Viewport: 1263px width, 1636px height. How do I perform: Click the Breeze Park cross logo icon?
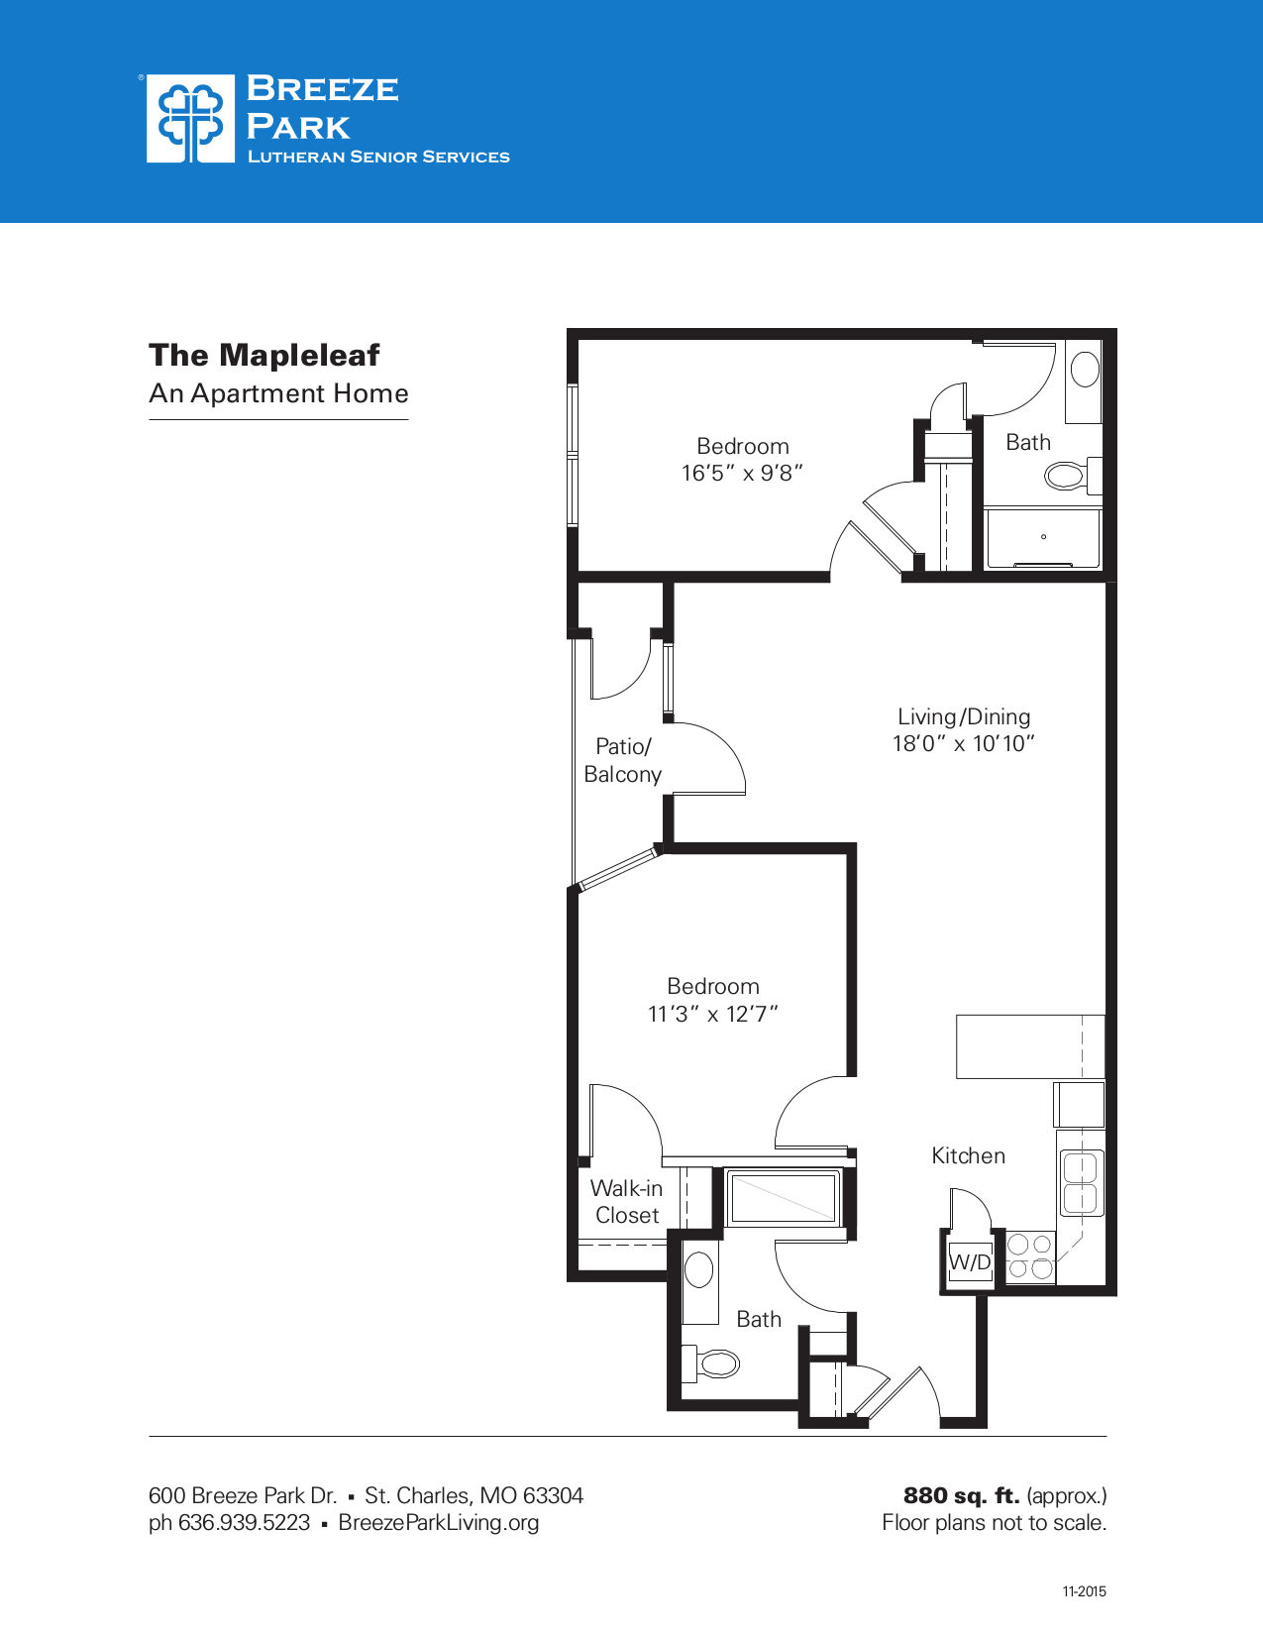(x=190, y=118)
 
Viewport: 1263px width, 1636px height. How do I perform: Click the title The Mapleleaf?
(x=264, y=355)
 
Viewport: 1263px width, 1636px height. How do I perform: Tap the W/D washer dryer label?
(x=970, y=1261)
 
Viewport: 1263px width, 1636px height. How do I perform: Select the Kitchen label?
(x=968, y=1155)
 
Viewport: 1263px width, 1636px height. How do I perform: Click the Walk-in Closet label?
(x=626, y=1202)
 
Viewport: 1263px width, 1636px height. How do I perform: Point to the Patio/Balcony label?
(x=622, y=760)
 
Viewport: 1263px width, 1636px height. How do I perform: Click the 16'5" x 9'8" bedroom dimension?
(x=742, y=474)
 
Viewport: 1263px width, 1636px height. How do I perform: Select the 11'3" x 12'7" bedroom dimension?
(x=713, y=1014)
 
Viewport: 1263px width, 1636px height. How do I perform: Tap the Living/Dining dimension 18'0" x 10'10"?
(x=964, y=744)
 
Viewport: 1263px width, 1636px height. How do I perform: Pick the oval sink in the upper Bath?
(x=1086, y=370)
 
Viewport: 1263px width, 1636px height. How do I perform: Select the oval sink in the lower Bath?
(x=699, y=1270)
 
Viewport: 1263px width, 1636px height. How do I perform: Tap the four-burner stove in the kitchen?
(x=1030, y=1256)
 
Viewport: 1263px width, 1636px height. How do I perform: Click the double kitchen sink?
(x=1082, y=1183)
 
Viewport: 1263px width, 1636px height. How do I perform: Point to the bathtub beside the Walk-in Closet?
(x=784, y=1197)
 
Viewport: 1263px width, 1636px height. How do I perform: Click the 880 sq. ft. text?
(x=961, y=1495)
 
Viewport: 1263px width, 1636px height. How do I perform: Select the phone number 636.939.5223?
(x=244, y=1522)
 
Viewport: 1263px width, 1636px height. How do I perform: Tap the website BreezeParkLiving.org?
(x=438, y=1522)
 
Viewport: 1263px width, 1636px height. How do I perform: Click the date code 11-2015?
(x=1084, y=1591)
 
